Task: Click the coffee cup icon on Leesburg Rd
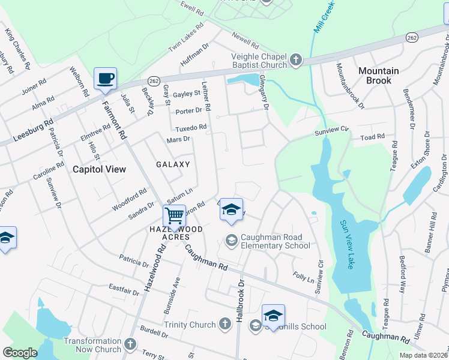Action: pos(105,78)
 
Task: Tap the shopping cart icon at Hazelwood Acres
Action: pos(174,215)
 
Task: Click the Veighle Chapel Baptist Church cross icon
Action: pos(295,60)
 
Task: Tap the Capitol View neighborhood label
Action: pos(100,169)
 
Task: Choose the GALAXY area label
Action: pos(173,164)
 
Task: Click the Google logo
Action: pos(20,353)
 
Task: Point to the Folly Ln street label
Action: pos(303,278)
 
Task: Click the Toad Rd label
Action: pos(372,137)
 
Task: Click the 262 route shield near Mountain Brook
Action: pos(411,37)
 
